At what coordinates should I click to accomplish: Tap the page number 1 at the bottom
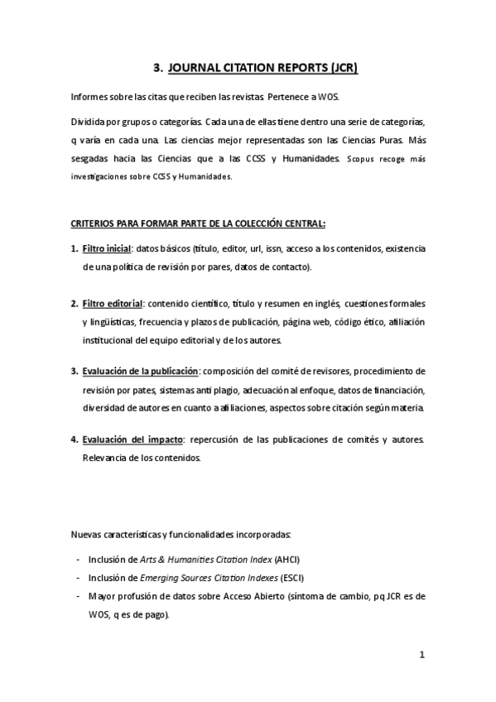pyautogui.click(x=421, y=655)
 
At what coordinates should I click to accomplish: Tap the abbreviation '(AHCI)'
pyautogui.click(x=287, y=560)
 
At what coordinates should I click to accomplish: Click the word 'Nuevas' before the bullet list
pyautogui.click(x=87, y=533)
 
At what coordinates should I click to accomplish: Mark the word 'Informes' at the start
pyautogui.click(x=91, y=97)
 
